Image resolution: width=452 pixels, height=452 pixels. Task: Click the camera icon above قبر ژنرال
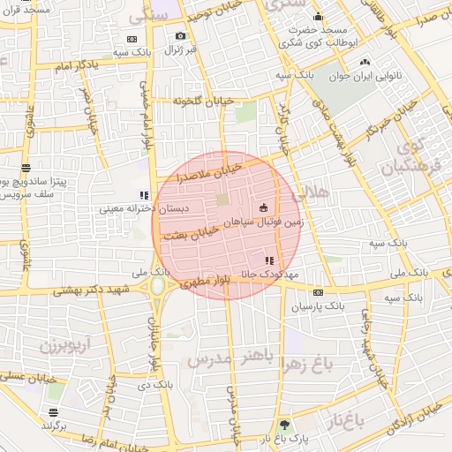point(181,36)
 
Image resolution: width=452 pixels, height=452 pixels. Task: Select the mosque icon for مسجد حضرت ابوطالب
point(319,17)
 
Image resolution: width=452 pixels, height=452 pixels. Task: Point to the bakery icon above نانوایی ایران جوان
point(365,63)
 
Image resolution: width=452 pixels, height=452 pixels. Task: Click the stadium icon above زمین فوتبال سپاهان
point(263,208)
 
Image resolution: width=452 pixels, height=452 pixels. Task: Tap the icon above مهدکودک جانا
point(269,260)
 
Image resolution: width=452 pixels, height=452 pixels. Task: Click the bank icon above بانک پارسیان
point(318,292)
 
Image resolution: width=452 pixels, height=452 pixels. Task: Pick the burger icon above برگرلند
point(54,412)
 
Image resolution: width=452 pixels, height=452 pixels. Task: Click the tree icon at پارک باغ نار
point(283,425)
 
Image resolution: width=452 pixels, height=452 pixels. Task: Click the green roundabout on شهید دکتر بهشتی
point(159,287)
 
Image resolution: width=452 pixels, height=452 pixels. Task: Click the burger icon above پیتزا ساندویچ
point(26,167)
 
